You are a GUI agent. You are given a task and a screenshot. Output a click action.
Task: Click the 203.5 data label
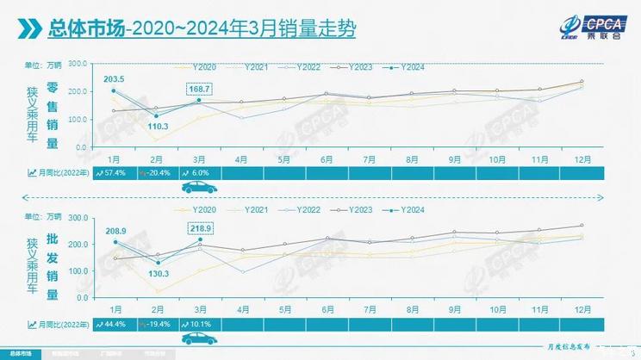click(x=115, y=79)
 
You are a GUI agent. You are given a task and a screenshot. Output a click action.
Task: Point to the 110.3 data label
click(x=156, y=127)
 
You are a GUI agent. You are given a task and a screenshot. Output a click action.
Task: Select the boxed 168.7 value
click(x=199, y=89)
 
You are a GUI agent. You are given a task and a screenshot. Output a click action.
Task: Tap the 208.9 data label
click(x=115, y=232)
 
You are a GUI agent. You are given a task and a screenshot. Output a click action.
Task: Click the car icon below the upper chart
click(x=197, y=187)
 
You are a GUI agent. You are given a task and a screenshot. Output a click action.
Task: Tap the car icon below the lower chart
click(x=197, y=338)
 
